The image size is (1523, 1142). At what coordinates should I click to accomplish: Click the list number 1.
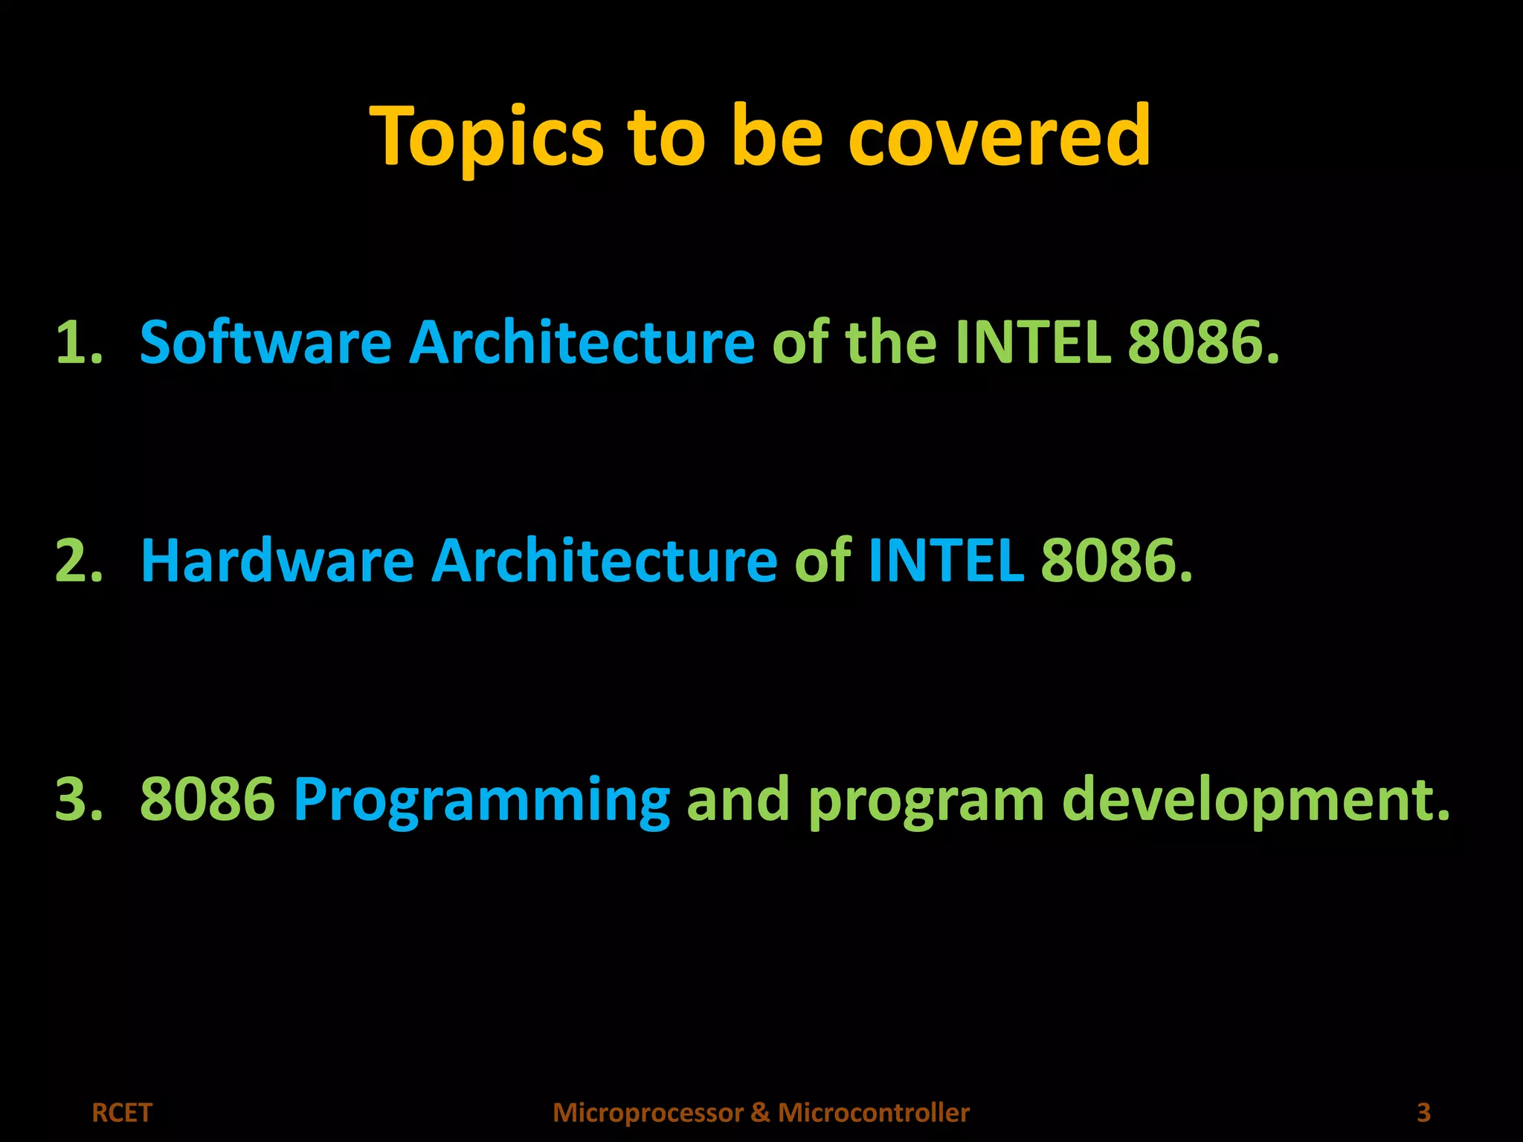point(78,343)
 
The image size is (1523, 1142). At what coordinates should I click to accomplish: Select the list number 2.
point(78,561)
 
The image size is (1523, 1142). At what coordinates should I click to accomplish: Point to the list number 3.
point(78,799)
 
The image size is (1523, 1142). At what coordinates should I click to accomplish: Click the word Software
point(265,343)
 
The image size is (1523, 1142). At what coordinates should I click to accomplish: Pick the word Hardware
point(277,561)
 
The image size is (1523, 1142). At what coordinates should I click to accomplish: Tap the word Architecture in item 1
point(582,343)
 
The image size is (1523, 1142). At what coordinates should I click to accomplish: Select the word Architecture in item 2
point(604,561)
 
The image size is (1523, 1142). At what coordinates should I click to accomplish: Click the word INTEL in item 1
point(1033,343)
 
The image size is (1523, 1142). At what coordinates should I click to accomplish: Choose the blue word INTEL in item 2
point(946,561)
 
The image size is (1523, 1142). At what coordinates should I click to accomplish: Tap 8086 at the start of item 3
point(207,799)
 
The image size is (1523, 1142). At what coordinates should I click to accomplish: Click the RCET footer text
point(121,1113)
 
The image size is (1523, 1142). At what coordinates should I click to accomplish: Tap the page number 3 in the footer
point(1423,1113)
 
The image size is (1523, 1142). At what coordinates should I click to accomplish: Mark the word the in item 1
point(890,343)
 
